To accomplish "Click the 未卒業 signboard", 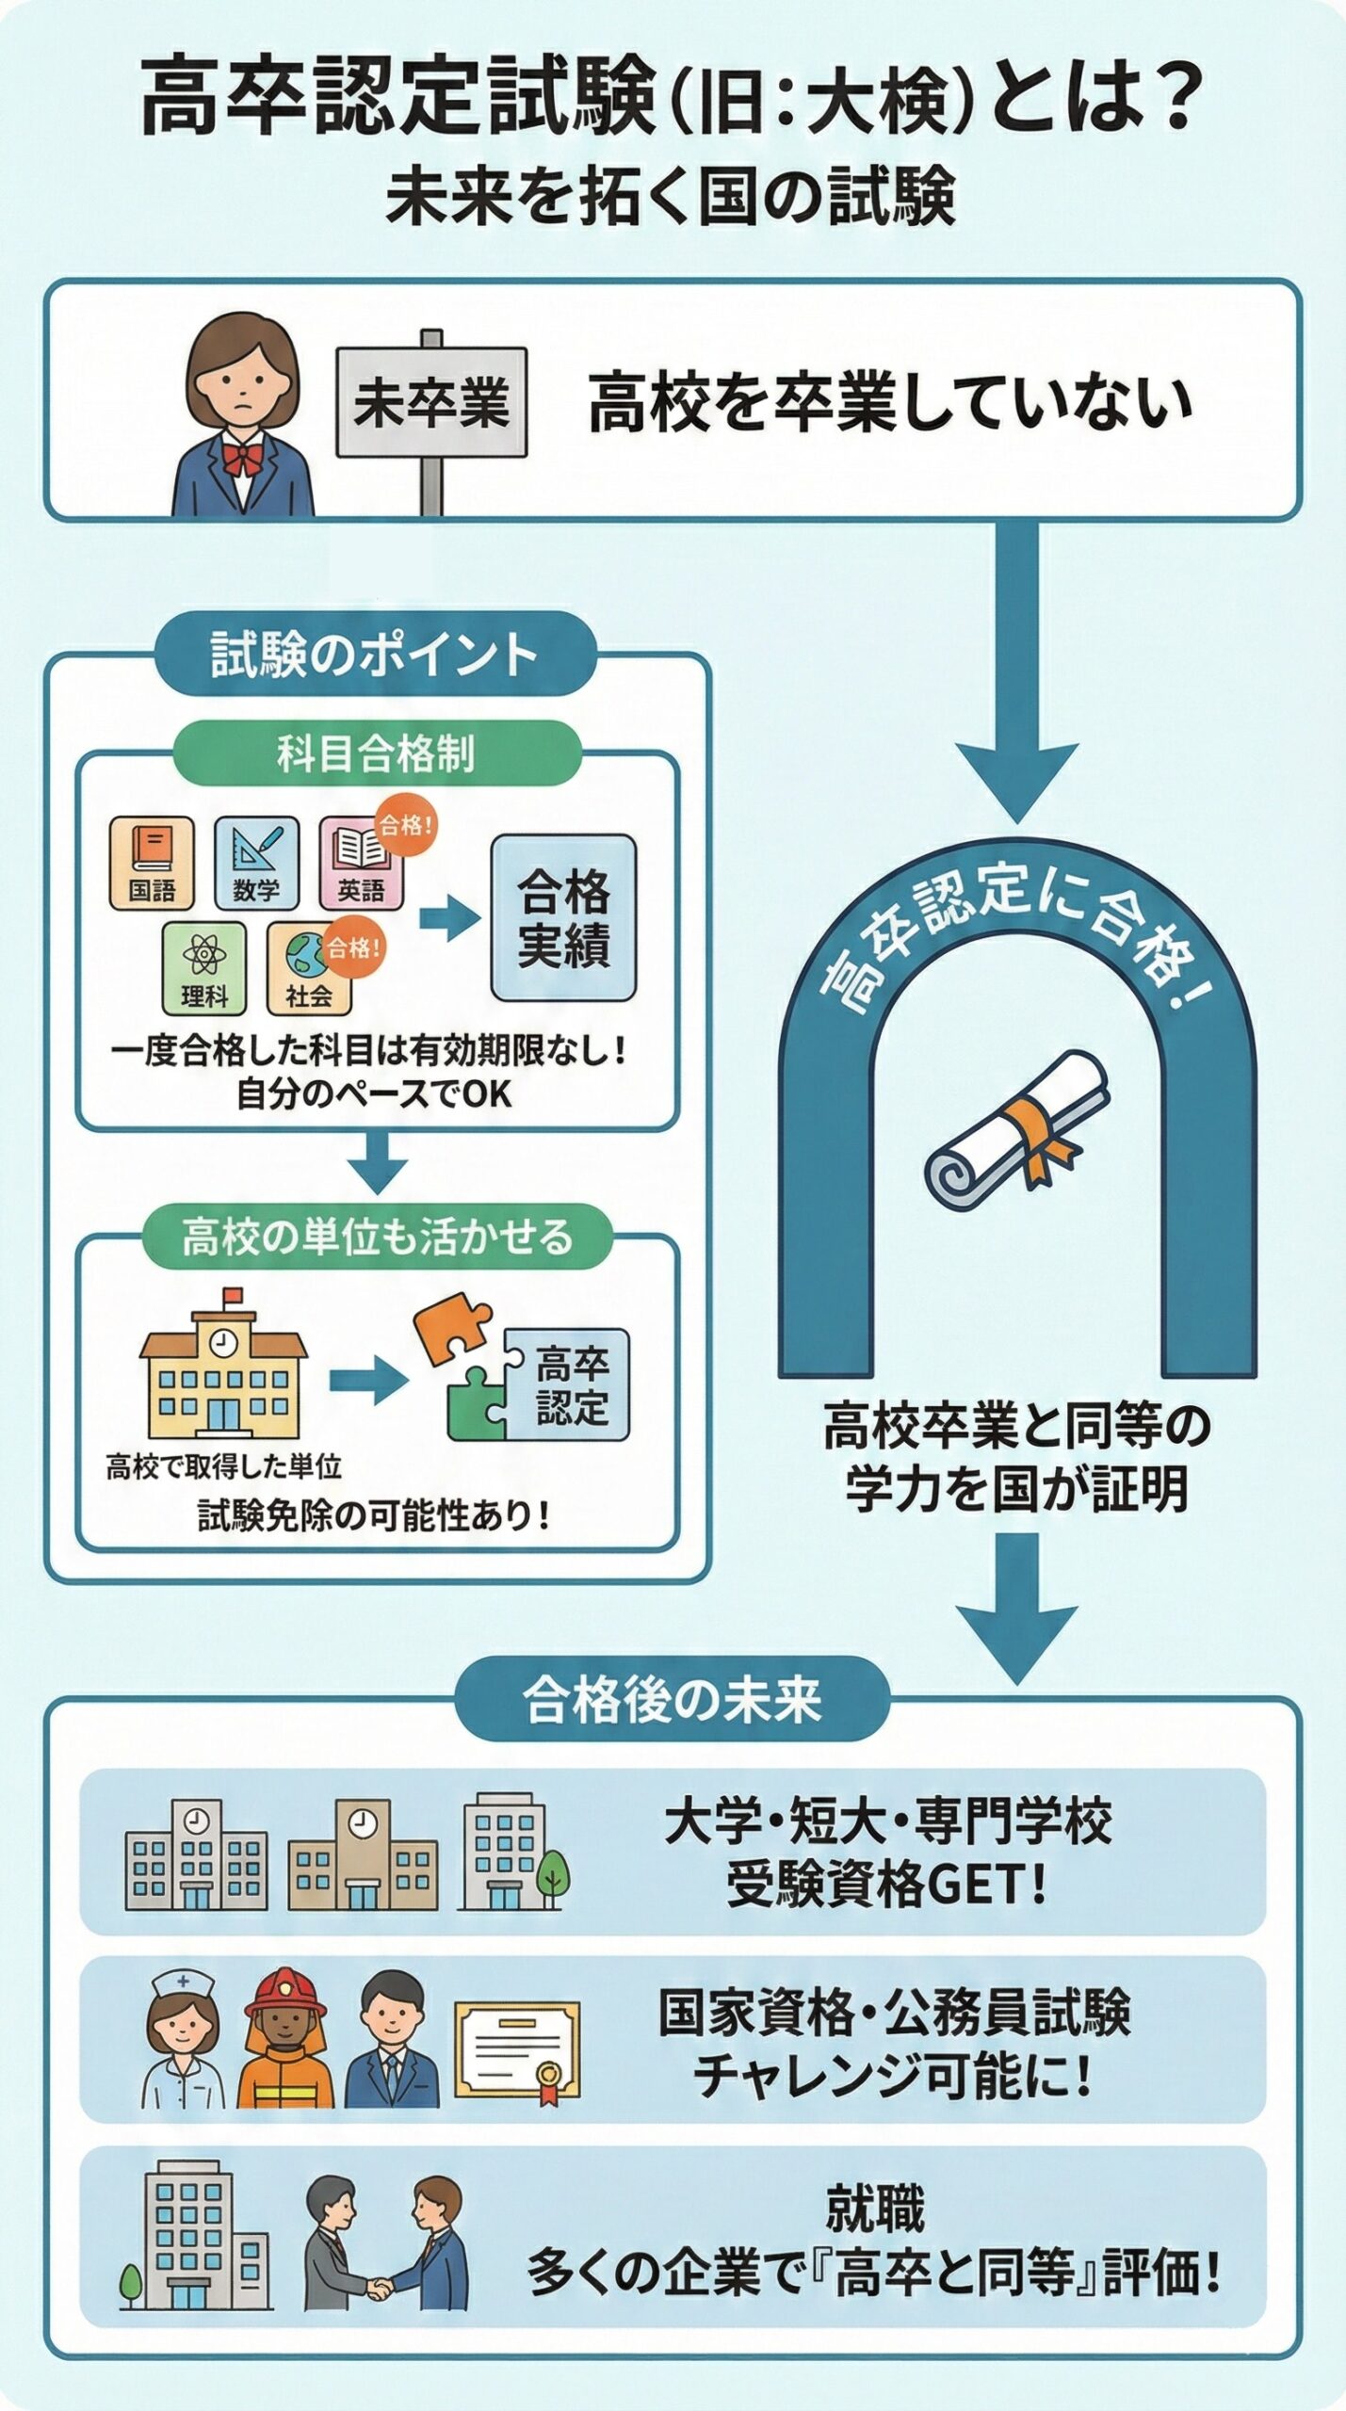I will point(431,403).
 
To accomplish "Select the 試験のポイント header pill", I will point(374,655).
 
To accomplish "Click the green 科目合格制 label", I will point(376,753).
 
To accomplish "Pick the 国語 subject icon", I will point(152,863).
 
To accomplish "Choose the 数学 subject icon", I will point(256,863).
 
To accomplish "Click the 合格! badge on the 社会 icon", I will point(354,947).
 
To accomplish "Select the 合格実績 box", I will point(563,918).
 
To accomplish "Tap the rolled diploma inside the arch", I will point(1017,1130).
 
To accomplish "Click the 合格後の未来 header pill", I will point(672,1700).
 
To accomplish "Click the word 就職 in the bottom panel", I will point(875,2209).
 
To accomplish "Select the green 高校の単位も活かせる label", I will point(377,1237).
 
